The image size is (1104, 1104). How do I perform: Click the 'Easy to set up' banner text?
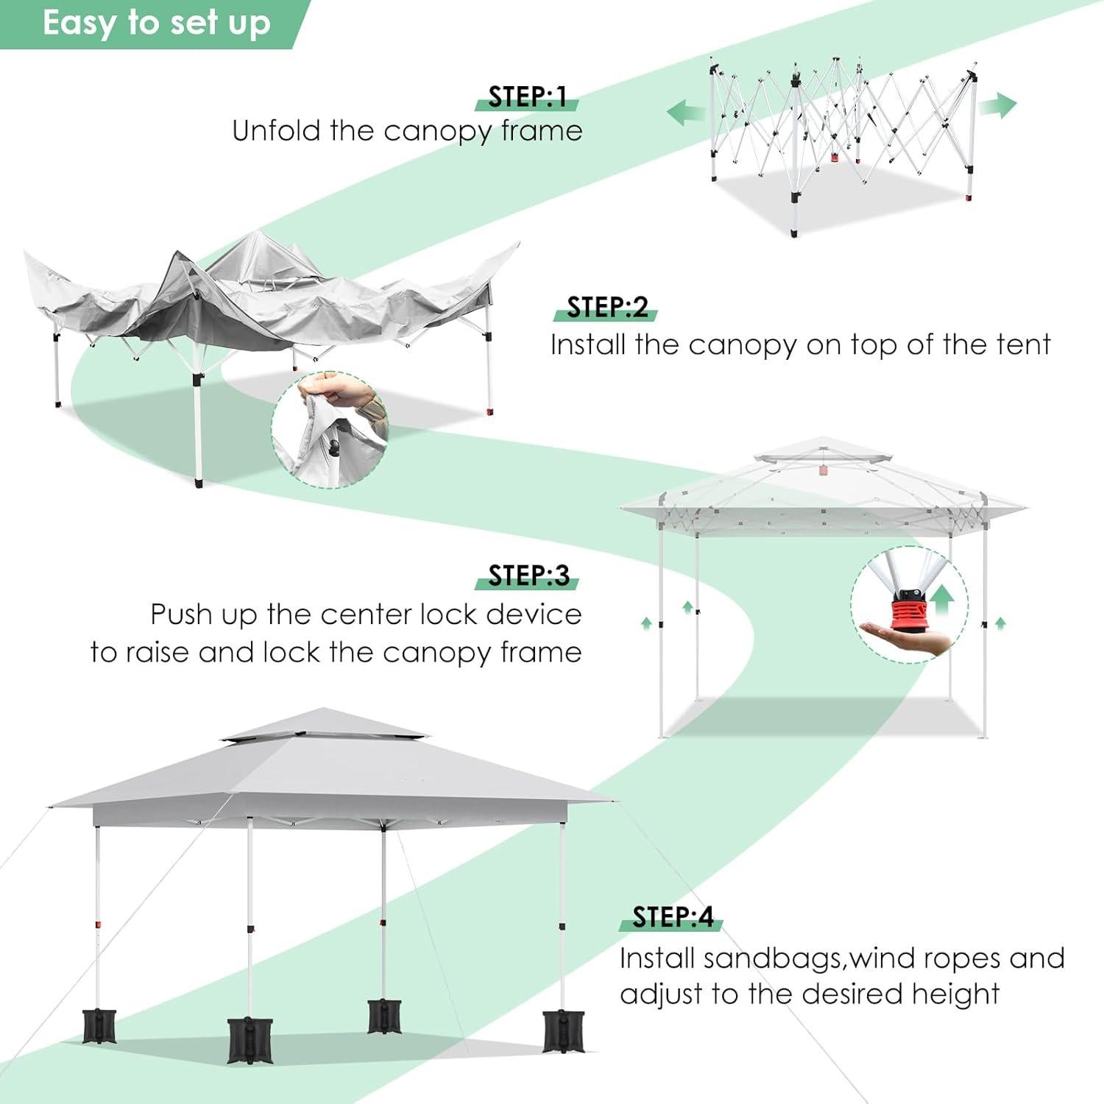point(156,24)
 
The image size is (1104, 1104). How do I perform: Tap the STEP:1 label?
point(527,97)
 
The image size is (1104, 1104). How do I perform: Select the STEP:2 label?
point(607,308)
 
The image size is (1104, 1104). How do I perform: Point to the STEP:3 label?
point(528,576)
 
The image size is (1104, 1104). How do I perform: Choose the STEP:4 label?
point(673,917)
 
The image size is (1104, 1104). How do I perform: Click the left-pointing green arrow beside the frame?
point(685,113)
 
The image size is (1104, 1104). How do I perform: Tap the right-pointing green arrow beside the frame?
point(997,105)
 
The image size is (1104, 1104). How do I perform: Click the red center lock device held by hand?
point(910,611)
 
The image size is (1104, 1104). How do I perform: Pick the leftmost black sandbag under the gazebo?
point(99,1026)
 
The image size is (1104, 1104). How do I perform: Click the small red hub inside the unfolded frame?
point(835,157)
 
